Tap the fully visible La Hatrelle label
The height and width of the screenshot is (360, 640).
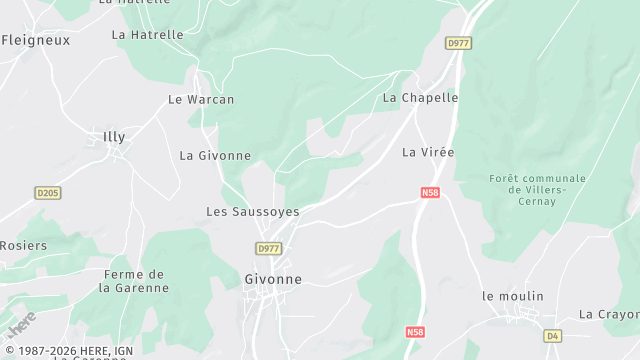[148, 34]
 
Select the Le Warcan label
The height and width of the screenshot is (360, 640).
[201, 99]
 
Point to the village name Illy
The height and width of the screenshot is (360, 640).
[115, 135]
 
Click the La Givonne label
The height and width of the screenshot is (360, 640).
[215, 155]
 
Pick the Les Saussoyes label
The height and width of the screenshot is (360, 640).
[253, 211]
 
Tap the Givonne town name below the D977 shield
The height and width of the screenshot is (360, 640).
[273, 280]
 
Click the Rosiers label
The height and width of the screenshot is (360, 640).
[23, 245]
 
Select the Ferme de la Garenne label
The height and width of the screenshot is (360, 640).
[134, 281]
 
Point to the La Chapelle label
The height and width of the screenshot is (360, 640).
[421, 98]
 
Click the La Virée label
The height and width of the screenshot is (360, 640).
[428, 152]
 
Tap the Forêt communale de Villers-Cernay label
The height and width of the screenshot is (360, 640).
[537, 189]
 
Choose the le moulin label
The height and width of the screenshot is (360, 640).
[513, 296]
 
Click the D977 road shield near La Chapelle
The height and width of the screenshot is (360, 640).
[458, 43]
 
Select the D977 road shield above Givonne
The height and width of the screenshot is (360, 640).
[268, 248]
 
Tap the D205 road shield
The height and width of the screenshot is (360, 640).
[47, 193]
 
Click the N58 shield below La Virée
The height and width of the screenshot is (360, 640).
[430, 192]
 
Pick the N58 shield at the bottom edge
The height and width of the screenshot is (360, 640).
[415, 331]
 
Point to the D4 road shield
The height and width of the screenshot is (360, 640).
[553, 335]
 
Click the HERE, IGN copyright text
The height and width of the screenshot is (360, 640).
[67, 351]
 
